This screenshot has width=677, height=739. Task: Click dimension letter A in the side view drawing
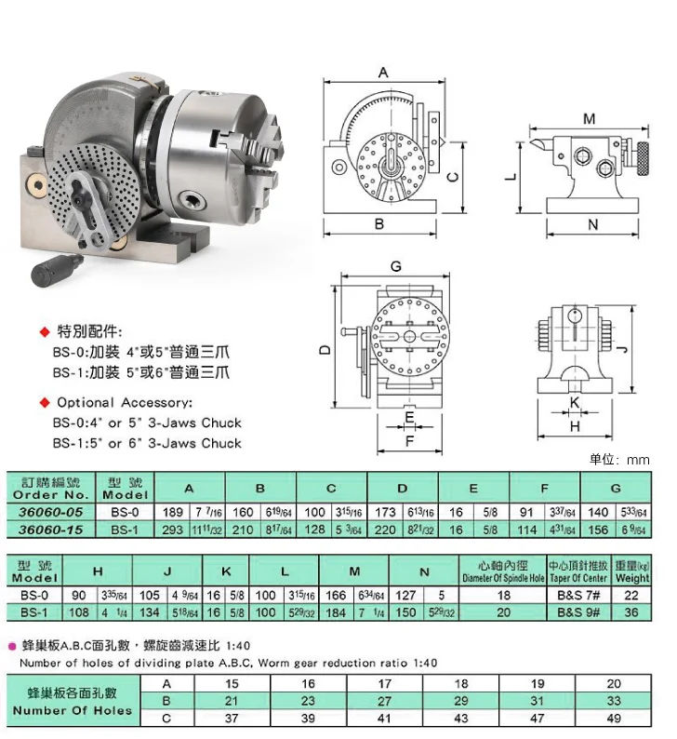pos(383,72)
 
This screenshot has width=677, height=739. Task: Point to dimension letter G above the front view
pos(396,266)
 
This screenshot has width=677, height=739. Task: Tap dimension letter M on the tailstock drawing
pos(588,118)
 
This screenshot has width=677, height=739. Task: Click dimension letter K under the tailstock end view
pos(574,402)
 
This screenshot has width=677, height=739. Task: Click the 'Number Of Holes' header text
pos(73,710)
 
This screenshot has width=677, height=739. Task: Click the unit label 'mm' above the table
pos(638,460)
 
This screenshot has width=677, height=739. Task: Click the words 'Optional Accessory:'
pos(125,403)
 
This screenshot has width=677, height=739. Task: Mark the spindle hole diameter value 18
pos(502,596)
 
